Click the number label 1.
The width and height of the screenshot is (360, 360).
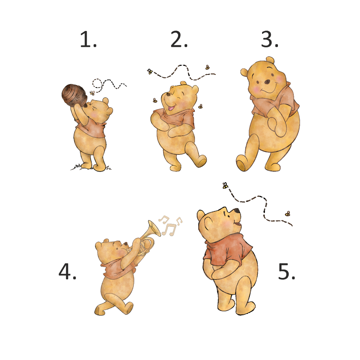tap(88, 40)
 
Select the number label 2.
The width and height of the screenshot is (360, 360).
tap(179, 40)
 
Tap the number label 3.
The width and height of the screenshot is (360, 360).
tap(270, 40)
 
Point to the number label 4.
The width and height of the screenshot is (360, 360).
tap(67, 271)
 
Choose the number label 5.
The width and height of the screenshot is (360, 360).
tap(287, 271)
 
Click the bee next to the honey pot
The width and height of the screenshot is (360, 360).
tap(92, 93)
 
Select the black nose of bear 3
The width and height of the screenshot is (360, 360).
tap(267, 81)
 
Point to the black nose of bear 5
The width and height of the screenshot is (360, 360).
tap(237, 211)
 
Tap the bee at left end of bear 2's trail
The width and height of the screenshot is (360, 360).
tap(150, 71)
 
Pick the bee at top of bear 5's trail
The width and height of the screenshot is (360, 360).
tap(225, 185)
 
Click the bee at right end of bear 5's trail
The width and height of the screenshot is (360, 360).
tap(288, 213)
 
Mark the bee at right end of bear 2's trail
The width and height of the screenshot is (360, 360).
tap(208, 67)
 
